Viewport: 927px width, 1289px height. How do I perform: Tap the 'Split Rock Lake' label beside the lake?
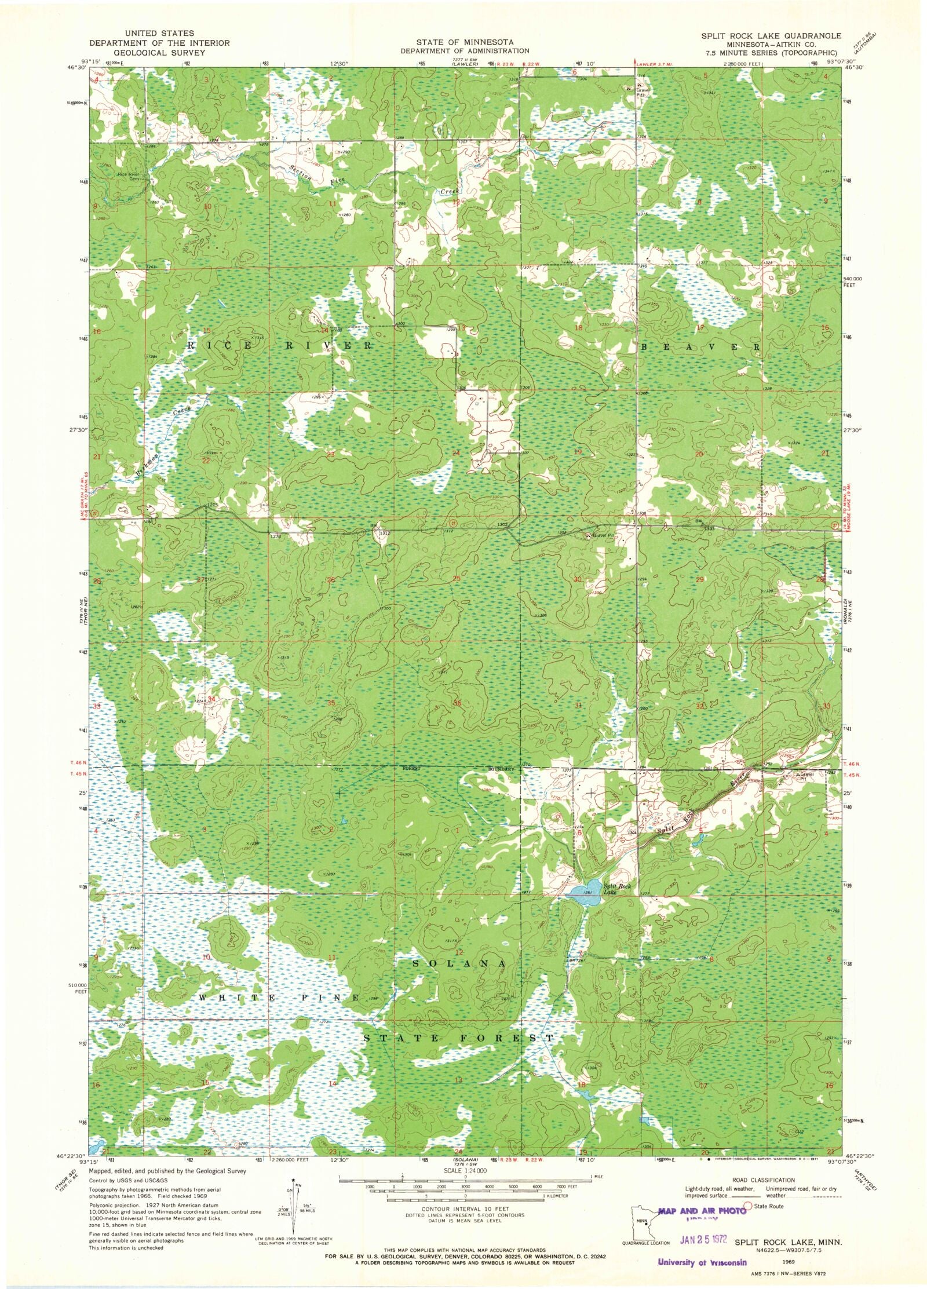click(x=611, y=889)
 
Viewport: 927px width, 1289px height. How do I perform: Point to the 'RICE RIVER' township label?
click(x=278, y=346)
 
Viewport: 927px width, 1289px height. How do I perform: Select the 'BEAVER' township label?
click(x=699, y=346)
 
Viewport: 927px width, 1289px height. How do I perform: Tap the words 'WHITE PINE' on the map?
click(x=278, y=998)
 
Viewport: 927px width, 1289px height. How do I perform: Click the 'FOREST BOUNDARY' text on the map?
click(x=458, y=769)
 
